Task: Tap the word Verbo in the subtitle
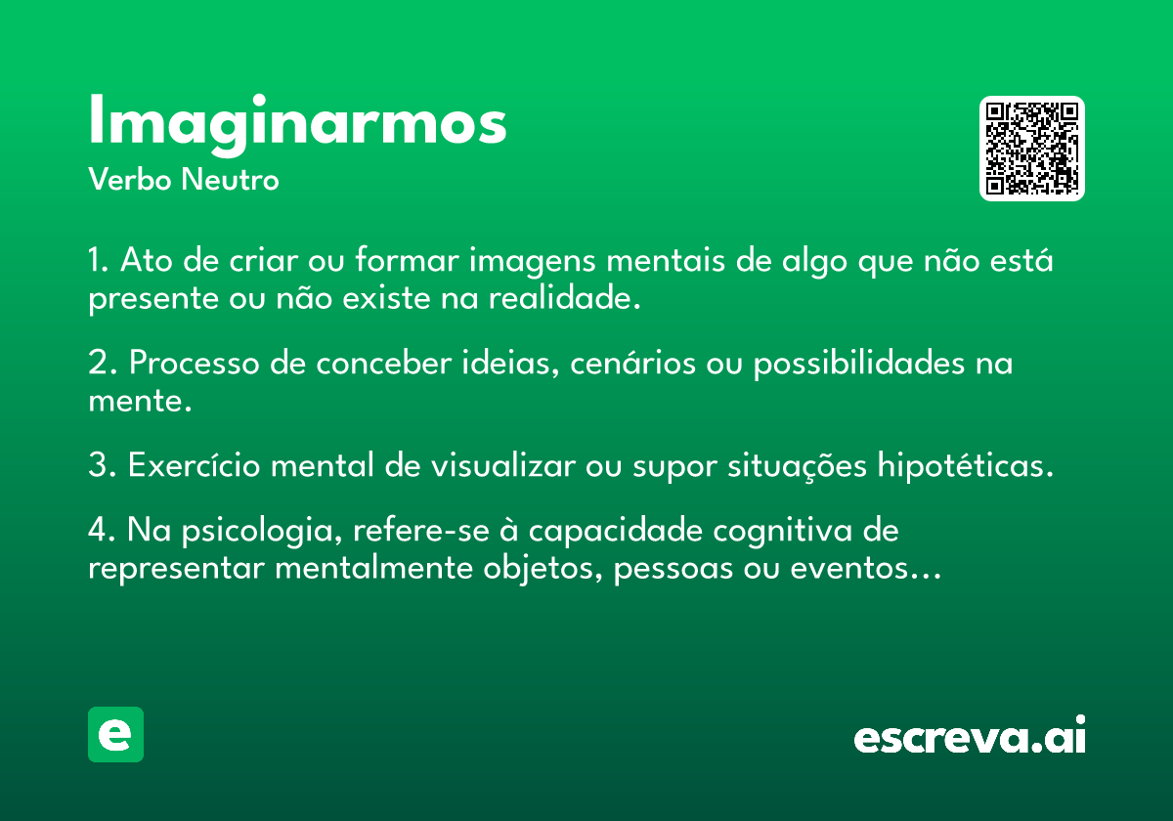click(130, 179)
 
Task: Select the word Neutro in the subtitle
click(230, 180)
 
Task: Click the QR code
click(1031, 149)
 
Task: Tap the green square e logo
click(115, 734)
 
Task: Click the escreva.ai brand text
click(970, 735)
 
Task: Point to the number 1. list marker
click(98, 260)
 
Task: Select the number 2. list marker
click(102, 363)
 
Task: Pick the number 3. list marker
click(102, 464)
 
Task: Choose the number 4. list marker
click(102, 530)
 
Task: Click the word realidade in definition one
click(565, 298)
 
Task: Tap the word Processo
click(195, 363)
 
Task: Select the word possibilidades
click(859, 363)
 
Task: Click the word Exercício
click(195, 464)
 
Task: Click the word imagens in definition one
click(532, 261)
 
